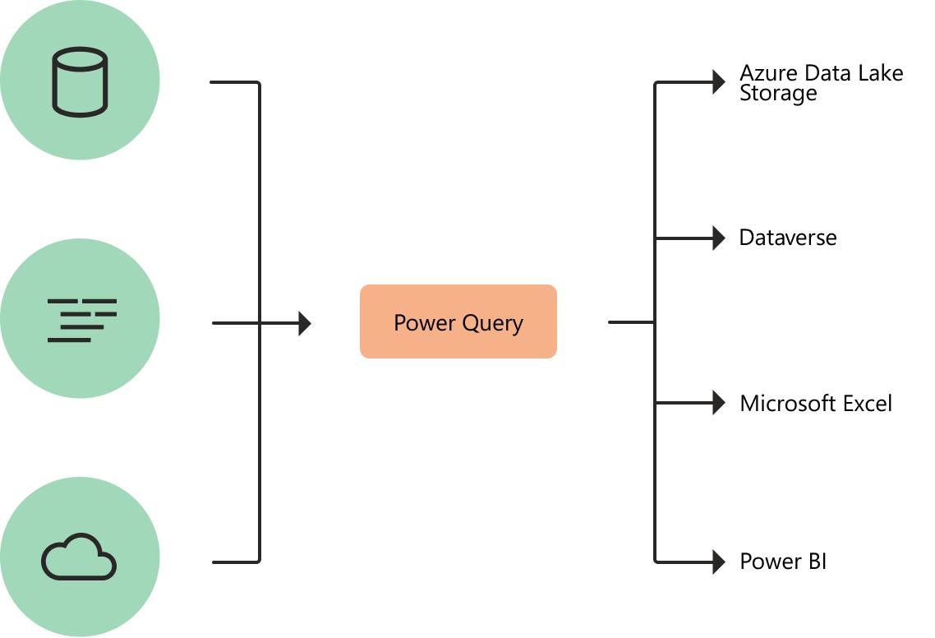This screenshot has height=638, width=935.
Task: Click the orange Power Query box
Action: point(458,321)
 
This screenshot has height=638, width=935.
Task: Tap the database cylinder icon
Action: point(80,81)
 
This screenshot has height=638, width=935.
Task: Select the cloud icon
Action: point(79,557)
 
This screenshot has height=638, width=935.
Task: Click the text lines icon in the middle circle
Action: point(81,321)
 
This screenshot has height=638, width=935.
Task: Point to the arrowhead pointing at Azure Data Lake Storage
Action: point(719,81)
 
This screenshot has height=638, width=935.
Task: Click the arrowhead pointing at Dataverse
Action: point(719,238)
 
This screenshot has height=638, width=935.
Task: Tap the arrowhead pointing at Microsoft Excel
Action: point(719,403)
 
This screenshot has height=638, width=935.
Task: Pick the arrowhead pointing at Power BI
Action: point(719,562)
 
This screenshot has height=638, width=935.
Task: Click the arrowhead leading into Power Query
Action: point(305,323)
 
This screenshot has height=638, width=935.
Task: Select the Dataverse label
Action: point(788,238)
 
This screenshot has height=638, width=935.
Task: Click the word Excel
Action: point(868,404)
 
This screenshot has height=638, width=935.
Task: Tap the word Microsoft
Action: point(788,404)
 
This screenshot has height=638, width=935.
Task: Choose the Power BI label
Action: point(783,562)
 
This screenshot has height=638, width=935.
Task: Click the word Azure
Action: point(769,73)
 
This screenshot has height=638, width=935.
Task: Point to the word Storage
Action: point(778,94)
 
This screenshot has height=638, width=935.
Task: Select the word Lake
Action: point(880,73)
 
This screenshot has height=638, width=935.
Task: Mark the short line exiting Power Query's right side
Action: point(631,322)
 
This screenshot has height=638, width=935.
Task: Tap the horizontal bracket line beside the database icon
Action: point(234,81)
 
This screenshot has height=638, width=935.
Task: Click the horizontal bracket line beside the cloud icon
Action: point(236,562)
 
